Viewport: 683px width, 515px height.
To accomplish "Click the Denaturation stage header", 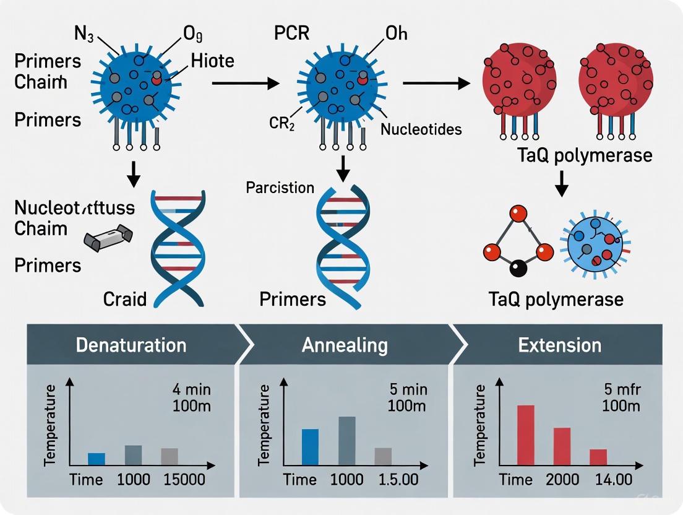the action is click(x=131, y=345).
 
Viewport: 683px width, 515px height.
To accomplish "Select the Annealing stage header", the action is click(x=345, y=345).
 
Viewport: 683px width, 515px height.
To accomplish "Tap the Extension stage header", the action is click(x=560, y=345).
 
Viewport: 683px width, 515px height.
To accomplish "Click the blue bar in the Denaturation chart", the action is click(x=97, y=459).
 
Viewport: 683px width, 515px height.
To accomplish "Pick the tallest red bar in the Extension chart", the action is click(x=525, y=435).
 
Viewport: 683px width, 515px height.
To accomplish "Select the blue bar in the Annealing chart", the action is click(x=310, y=446).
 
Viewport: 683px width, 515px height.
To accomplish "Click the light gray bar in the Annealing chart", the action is click(x=384, y=456).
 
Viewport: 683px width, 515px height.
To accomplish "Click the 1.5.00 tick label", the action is click(x=396, y=480).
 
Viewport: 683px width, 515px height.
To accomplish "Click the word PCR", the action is click(x=292, y=33).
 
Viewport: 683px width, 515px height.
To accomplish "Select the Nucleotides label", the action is click(x=421, y=129).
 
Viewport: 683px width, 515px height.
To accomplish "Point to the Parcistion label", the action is click(x=280, y=187).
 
